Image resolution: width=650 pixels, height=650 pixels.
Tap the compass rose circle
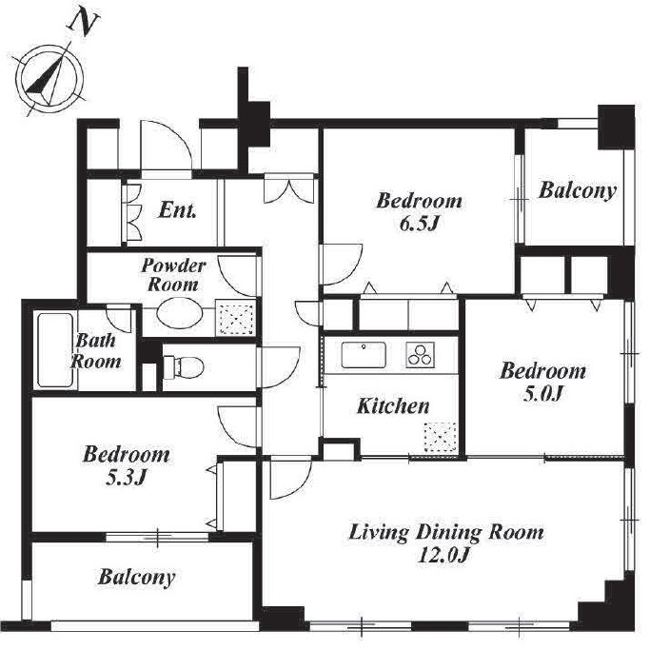coord(18,77)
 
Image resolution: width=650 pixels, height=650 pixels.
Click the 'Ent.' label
coord(177,210)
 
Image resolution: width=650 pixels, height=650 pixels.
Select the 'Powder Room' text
coord(173,275)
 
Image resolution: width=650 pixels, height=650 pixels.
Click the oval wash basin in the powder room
coord(179,314)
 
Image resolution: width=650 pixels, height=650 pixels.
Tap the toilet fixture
coord(184,366)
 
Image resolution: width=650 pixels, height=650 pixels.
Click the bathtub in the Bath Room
coord(55,350)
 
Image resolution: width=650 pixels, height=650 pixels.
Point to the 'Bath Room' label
coord(96,351)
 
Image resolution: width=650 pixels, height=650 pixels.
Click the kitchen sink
coord(364,355)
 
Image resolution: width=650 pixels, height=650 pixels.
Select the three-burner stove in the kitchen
coord(420,355)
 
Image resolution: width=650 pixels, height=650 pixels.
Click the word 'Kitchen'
coord(393,405)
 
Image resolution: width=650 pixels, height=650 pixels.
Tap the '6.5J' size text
coord(419,225)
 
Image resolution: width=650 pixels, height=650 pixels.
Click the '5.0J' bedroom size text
coord(542,394)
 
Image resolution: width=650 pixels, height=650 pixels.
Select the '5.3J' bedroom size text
coord(126,479)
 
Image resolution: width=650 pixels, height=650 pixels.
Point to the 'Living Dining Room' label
coord(446,533)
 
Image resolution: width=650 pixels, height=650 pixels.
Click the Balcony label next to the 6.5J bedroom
coord(577,191)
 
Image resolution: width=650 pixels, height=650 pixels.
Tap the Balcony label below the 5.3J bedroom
coord(136,578)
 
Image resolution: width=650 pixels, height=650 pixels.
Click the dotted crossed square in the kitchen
coord(441,438)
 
